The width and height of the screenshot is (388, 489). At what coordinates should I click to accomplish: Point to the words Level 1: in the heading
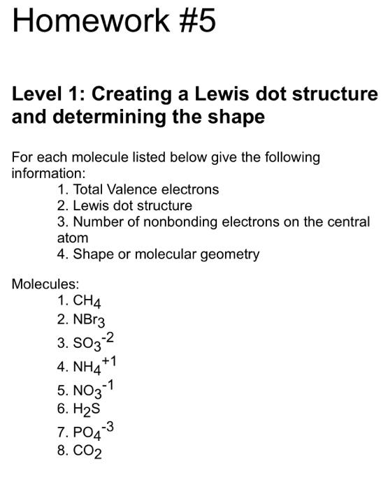[x=48, y=94]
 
